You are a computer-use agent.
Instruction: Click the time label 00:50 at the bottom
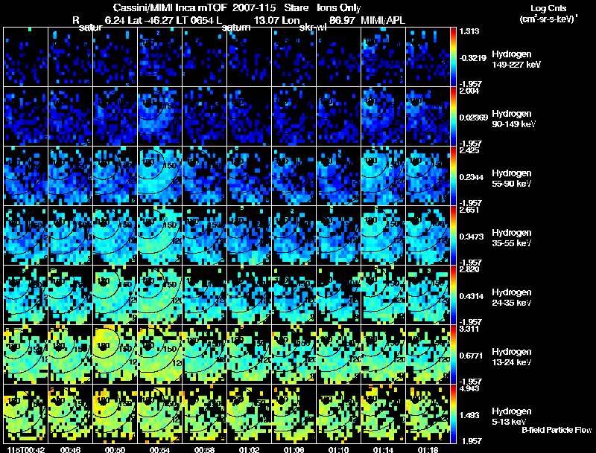tap(115, 449)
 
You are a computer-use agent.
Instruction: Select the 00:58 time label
tap(204, 449)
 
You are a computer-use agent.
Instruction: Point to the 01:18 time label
tap(428, 449)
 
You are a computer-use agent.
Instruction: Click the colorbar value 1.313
tap(469, 30)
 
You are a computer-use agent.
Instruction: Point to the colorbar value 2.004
tap(469, 90)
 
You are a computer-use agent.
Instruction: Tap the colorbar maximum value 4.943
tap(469, 388)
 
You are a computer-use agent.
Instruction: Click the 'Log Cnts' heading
tap(546, 7)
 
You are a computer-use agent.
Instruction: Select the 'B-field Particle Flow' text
tap(557, 430)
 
